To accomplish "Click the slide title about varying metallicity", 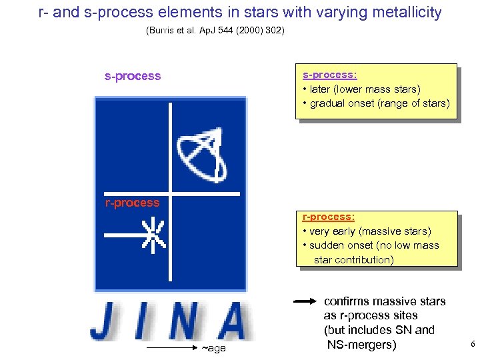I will pyautogui.click(x=240, y=12).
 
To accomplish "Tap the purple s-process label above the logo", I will pyautogui.click(x=133, y=76).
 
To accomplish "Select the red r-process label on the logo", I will pyautogui.click(x=132, y=203).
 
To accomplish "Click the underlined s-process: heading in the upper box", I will pyautogui.click(x=329, y=75).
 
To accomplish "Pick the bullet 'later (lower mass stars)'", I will pyautogui.click(x=361, y=89).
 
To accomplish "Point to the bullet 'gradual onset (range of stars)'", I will pyautogui.click(x=376, y=103).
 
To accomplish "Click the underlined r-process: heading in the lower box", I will pyautogui.click(x=328, y=217).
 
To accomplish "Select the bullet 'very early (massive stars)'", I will pyautogui.click(x=367, y=231).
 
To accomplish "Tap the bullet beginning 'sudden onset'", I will pyautogui.click(x=371, y=245).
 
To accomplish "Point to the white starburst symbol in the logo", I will pyautogui.click(x=153, y=235).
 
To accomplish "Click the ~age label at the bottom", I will pyautogui.click(x=213, y=348).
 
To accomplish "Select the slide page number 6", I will pyautogui.click(x=472, y=344).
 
